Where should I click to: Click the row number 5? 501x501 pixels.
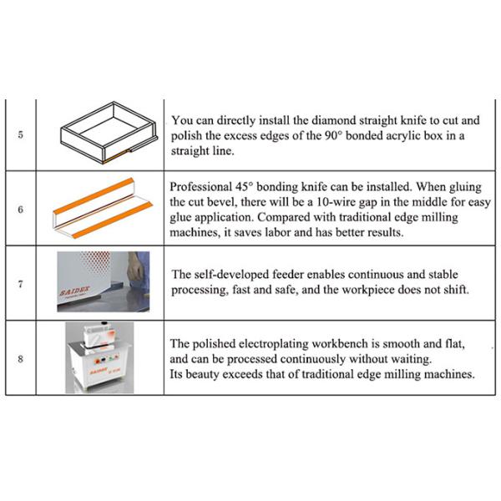coord(20,135)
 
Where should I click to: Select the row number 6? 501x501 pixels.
coord(20,209)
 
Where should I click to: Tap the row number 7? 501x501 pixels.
coord(20,284)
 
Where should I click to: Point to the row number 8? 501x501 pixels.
coord(20,358)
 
